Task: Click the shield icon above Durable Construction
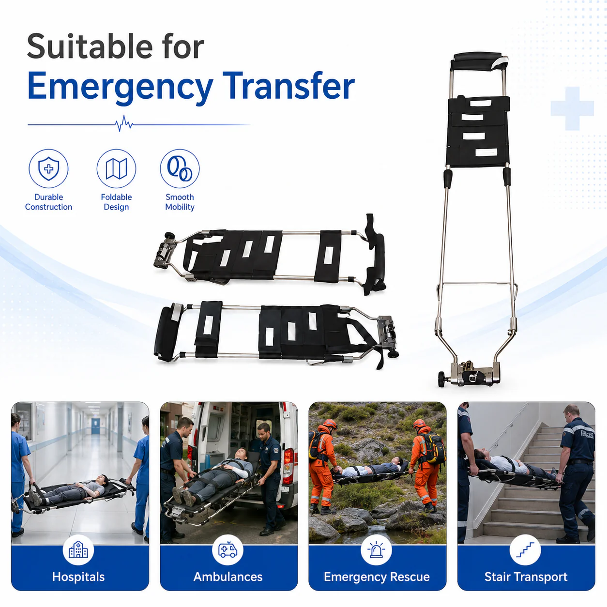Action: pos(48,169)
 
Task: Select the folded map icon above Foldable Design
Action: pos(116,169)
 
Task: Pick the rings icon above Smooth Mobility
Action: pos(180,169)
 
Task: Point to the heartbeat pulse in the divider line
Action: pos(124,123)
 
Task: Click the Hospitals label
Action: pos(78,577)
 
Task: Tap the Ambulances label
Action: pos(228,577)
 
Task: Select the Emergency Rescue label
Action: pos(377,577)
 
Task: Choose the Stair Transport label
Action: pos(526,577)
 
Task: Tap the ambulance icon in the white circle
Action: pos(228,550)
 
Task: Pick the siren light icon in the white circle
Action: pos(376,550)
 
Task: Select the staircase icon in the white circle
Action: pos(525,550)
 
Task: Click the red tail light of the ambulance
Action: pos(288,466)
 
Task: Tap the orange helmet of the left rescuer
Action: pos(330,424)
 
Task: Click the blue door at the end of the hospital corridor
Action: pos(95,426)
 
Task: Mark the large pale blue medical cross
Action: pos(572,108)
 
